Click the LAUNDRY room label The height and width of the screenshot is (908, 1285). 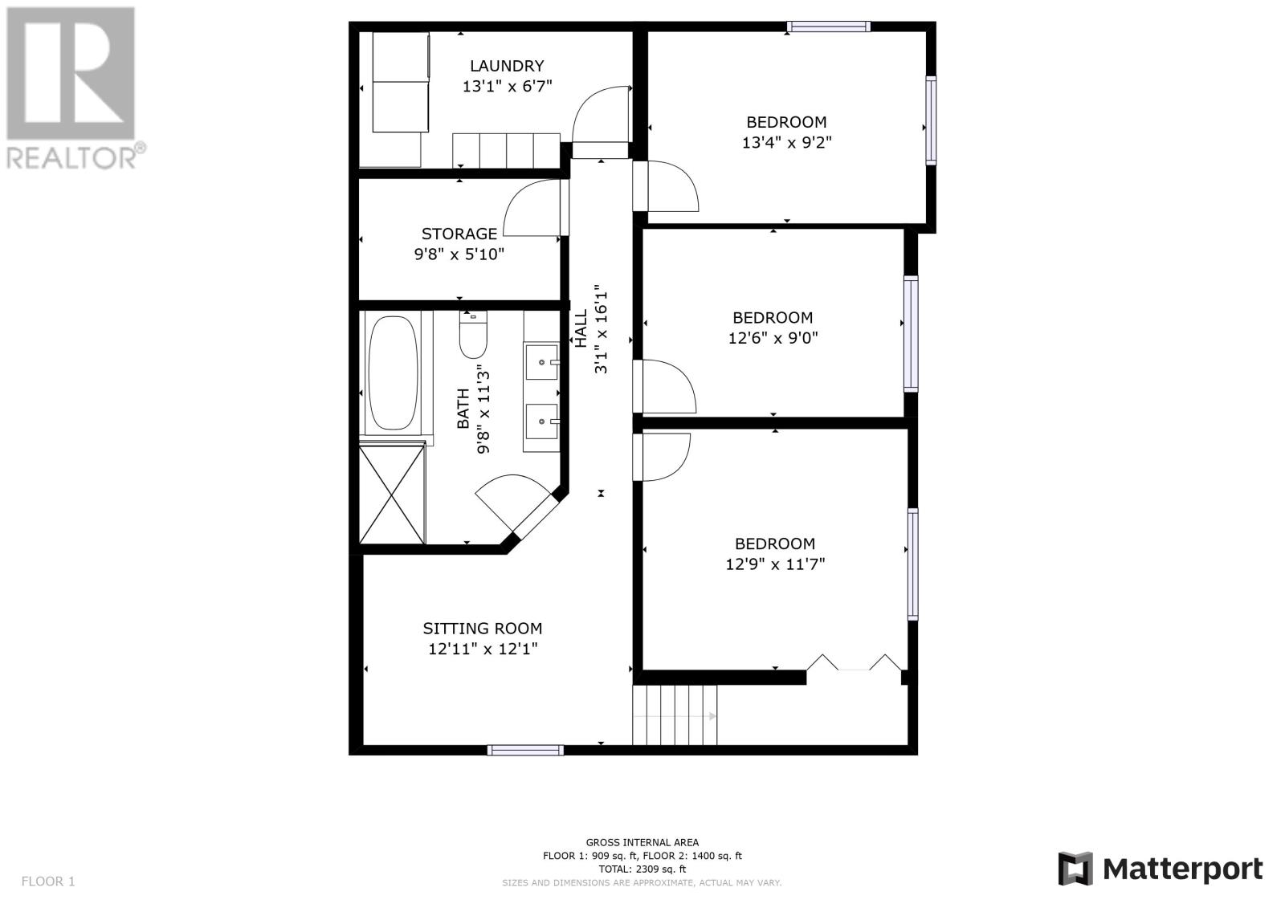[507, 66]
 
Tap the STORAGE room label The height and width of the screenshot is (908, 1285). [459, 234]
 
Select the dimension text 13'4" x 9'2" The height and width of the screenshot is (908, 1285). [786, 142]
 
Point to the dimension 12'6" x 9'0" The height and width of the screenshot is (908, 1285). [773, 338]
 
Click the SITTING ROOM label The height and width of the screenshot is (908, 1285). [483, 629]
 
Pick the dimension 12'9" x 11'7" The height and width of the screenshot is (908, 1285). [775, 564]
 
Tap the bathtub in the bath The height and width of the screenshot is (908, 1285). [393, 373]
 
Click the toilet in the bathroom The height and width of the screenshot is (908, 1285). [473, 335]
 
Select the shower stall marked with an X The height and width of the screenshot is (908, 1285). [393, 493]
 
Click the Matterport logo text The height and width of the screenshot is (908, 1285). [1182, 869]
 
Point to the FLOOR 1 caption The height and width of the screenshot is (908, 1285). [48, 881]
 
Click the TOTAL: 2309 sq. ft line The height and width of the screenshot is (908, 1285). [642, 869]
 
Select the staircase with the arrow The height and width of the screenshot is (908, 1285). [675, 715]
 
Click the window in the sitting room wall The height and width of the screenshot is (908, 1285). [525, 751]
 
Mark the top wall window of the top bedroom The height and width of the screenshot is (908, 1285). [828, 26]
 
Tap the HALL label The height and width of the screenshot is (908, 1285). [581, 328]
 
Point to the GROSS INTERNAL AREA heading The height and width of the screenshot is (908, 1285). [642, 843]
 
